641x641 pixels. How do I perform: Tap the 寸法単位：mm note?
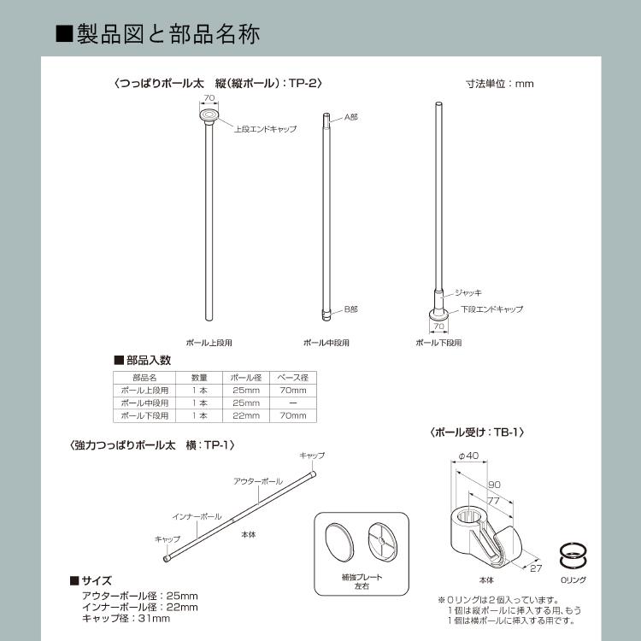click(499, 84)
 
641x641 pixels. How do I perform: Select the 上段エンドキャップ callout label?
click(265, 128)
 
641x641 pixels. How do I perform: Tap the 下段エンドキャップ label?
click(491, 309)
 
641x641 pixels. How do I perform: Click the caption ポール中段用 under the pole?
click(326, 343)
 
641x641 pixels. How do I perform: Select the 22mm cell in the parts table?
click(245, 415)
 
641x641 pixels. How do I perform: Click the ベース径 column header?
click(293, 377)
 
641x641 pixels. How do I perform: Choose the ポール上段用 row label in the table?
click(144, 390)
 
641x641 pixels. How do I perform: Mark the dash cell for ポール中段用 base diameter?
click(293, 403)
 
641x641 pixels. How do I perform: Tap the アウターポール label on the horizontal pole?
click(258, 482)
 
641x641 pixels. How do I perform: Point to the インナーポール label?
click(197, 516)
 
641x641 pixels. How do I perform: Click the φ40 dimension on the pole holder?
click(468, 456)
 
